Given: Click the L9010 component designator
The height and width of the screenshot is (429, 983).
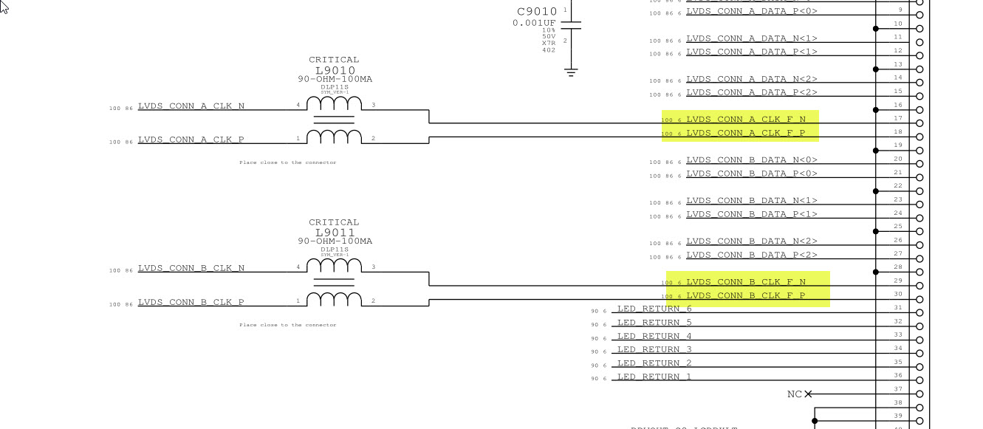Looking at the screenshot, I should point(335,71).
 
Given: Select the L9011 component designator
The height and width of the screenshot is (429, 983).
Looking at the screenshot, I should point(335,233).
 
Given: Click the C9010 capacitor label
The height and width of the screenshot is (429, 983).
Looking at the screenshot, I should point(537,12).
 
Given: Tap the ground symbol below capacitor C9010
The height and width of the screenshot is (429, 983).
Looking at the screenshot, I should point(570,72).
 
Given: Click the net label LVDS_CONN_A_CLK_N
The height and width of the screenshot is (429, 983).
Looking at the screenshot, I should point(191,106).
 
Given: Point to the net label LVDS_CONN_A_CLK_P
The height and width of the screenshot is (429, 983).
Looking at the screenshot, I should point(191,140).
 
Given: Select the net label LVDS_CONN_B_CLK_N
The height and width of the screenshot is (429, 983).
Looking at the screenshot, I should point(191,269).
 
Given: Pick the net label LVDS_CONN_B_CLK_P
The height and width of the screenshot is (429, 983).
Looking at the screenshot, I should point(191,302).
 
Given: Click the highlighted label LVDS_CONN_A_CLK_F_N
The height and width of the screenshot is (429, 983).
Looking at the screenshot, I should point(746,119).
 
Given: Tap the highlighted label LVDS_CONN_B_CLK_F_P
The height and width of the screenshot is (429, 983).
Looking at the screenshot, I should point(746,295).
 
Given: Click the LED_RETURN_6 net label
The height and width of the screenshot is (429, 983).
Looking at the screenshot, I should point(654,309).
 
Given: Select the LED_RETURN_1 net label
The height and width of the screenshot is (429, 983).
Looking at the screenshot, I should point(654,377).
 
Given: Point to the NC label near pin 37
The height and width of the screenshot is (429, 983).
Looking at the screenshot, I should point(794,394).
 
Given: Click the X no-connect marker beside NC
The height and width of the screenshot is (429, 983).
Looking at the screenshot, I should point(808,394).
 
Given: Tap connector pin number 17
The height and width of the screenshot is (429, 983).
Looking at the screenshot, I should point(898,118).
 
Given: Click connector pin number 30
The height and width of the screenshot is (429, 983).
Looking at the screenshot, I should point(898,295).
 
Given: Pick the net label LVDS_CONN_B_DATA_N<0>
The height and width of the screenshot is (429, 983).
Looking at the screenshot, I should point(752,159).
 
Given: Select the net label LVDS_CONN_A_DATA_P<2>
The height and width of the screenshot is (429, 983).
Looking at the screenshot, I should point(752,92).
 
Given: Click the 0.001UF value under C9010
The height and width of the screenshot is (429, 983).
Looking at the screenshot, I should point(534,23).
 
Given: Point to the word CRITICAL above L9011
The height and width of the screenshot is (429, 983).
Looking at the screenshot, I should point(334,222).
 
